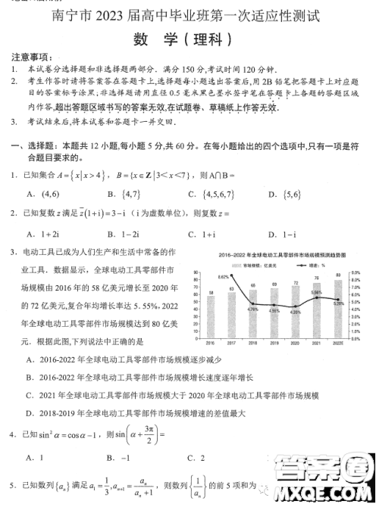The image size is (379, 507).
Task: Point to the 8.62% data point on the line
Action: [x=230, y=279]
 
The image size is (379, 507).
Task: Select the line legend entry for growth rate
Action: [x=296, y=264]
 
